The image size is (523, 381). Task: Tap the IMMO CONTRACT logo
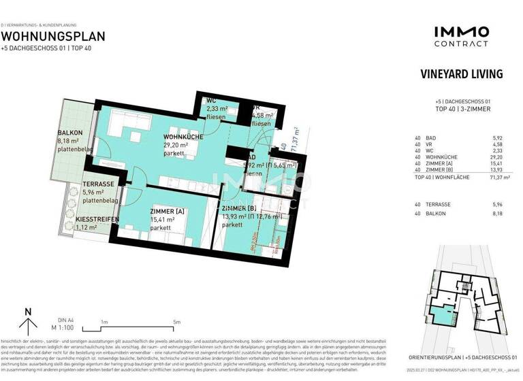[x=460, y=35]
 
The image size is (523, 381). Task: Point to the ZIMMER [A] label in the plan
[x=167, y=212]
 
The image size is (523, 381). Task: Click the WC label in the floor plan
[x=211, y=101]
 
